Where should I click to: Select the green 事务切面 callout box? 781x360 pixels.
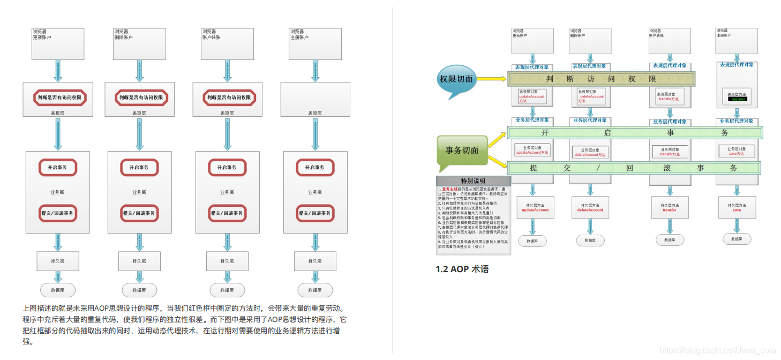pyautogui.click(x=462, y=151)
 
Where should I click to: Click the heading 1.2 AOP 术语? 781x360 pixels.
pyautogui.click(x=462, y=269)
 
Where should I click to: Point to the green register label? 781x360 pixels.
pyautogui.click(x=737, y=99)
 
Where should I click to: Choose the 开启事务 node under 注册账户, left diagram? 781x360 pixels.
pyautogui.click(x=315, y=167)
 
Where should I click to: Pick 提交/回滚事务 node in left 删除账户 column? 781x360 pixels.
pyautogui.click(x=139, y=213)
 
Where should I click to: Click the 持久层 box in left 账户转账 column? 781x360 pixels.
pyautogui.click(x=227, y=261)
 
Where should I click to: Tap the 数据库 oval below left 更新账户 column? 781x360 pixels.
pyautogui.click(x=58, y=290)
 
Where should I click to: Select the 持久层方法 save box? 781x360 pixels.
pyautogui.click(x=737, y=207)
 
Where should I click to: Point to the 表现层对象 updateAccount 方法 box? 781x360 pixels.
pyautogui.click(x=531, y=96)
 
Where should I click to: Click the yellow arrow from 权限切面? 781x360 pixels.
pyautogui.click(x=491, y=79)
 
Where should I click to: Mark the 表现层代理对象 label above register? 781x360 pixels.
pyautogui.click(x=737, y=65)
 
